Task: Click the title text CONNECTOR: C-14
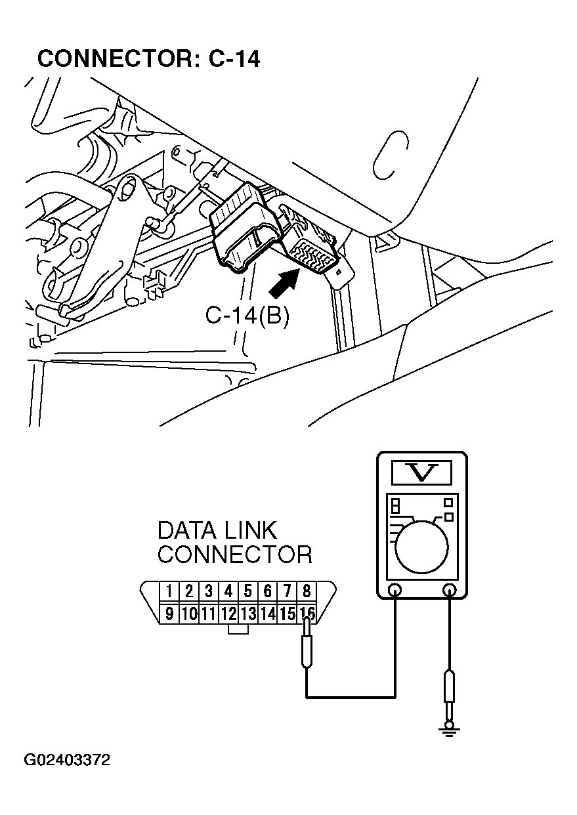pos(148,59)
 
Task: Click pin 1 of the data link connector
pos(169,591)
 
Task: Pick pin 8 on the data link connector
pos(307,591)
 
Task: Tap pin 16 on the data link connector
pos(307,614)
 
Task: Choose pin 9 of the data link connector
pos(169,614)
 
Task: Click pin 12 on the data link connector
pos(228,614)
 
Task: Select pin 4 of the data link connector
pos(228,591)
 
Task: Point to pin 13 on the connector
pos(248,614)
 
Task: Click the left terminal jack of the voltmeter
pos(395,590)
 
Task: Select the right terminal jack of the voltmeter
pos(449,590)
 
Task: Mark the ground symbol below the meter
pos(449,728)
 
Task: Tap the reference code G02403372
pos(68,761)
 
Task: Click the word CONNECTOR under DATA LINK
pos(234,554)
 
